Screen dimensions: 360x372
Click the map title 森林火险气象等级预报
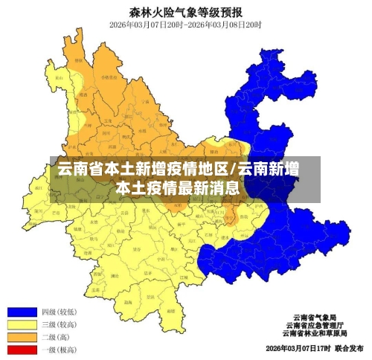coord(185,12)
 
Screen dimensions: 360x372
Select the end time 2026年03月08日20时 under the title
coord(228,25)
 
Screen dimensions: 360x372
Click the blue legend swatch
coord(23,312)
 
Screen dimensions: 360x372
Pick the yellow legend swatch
coord(23,325)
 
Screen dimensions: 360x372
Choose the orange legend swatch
coord(23,337)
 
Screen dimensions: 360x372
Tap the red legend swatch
coord(23,349)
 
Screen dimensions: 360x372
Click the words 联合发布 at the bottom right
coord(349,348)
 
